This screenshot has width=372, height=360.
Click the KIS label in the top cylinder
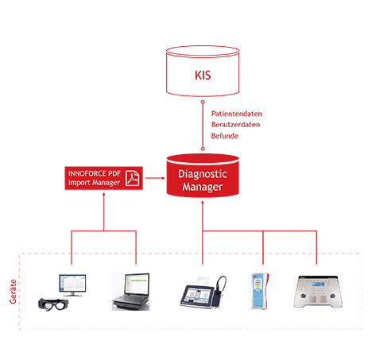click(x=203, y=75)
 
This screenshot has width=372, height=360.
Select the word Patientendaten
click(x=237, y=114)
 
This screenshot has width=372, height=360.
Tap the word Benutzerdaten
click(x=235, y=125)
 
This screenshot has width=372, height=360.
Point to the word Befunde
click(x=225, y=136)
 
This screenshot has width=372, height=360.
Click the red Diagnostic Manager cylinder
click(x=203, y=176)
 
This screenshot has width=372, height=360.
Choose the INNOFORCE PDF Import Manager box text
click(x=95, y=178)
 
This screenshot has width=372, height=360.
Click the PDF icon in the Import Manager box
click(x=132, y=178)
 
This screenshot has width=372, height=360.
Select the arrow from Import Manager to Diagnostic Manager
click(x=155, y=178)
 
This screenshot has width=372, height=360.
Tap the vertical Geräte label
click(x=13, y=292)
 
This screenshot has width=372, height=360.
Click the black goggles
click(x=53, y=304)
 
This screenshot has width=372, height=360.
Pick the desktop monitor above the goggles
click(x=72, y=285)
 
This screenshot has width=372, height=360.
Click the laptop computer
click(x=131, y=292)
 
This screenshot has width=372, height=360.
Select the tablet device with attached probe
click(x=203, y=292)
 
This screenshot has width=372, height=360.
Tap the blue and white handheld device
click(x=259, y=291)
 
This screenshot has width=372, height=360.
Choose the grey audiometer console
click(x=318, y=292)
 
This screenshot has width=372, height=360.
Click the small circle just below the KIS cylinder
click(x=203, y=102)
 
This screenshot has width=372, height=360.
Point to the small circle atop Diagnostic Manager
click(x=203, y=149)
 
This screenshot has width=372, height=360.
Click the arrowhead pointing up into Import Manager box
click(x=104, y=195)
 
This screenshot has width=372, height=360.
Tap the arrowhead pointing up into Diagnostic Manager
click(x=203, y=203)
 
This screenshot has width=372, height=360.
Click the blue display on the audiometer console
click(x=318, y=285)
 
